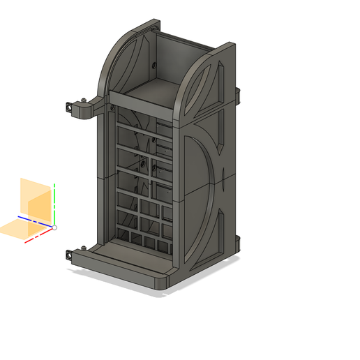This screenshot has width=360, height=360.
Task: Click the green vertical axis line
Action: (x=54, y=202)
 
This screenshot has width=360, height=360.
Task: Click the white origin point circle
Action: (x=54, y=227)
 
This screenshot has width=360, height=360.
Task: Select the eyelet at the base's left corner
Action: (x=69, y=255)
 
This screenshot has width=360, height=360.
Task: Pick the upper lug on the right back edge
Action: (x=238, y=92)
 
